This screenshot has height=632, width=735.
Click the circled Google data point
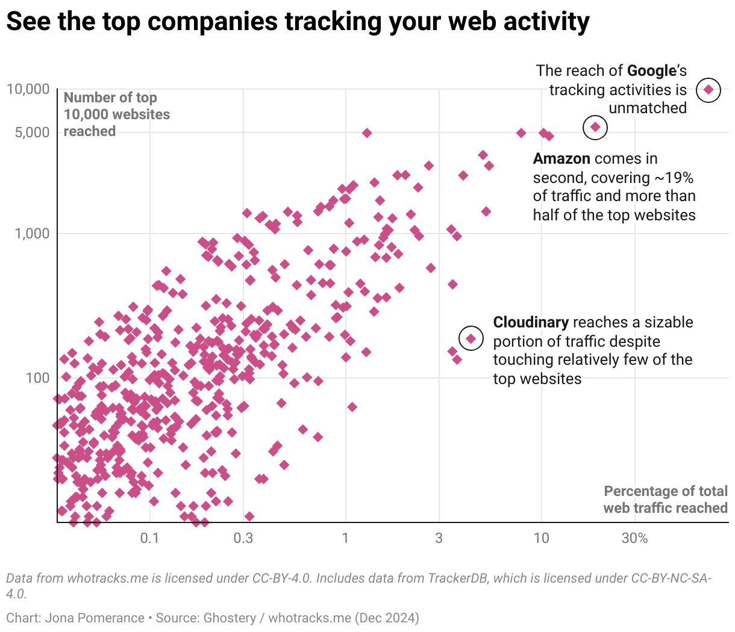point(708,90)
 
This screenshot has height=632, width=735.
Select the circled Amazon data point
point(595,127)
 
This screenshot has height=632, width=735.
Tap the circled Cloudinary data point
point(471,339)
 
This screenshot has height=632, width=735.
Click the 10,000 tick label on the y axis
point(28,89)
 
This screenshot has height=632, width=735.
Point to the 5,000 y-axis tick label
point(33,132)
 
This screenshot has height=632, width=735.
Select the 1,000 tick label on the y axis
point(33,234)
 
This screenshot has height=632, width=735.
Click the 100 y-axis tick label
point(37,378)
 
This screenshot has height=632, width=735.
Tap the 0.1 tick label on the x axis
point(149,538)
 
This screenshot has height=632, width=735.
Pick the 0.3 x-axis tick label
point(243,538)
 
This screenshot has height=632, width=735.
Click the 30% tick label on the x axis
point(634,538)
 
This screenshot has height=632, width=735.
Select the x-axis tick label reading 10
point(541,538)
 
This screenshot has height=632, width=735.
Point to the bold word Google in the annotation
point(652,71)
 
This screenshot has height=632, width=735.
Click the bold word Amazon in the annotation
point(561,159)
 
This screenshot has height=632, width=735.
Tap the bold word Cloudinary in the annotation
point(531,323)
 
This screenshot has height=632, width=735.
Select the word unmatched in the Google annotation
point(648,108)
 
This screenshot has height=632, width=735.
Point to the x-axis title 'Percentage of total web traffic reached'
point(665,500)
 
